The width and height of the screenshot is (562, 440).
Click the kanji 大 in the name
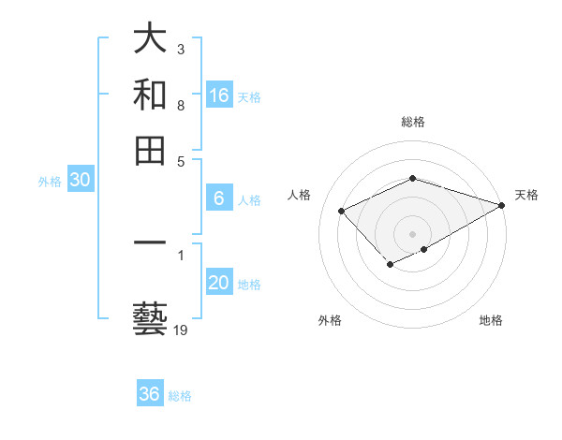tap(150, 38)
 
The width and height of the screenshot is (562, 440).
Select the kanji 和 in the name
tap(150, 95)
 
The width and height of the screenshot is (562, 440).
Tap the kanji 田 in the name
tap(150, 151)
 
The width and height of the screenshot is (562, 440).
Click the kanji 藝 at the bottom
tap(150, 317)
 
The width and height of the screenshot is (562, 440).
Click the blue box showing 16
tap(219, 95)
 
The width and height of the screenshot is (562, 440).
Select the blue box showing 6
tap(219, 198)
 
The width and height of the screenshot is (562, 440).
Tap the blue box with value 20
tap(219, 284)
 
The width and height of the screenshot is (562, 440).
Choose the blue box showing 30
tap(80, 181)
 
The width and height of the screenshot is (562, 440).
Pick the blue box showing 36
tap(150, 394)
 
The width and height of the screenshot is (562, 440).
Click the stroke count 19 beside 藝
tap(181, 330)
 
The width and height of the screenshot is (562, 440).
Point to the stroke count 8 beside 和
tap(180, 107)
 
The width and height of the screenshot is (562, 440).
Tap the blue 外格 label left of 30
tap(50, 183)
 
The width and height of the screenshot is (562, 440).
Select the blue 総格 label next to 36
tap(180, 396)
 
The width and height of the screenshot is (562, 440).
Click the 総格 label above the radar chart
tap(412, 122)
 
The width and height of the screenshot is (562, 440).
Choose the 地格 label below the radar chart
tap(491, 320)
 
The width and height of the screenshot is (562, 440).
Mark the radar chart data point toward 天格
tap(503, 205)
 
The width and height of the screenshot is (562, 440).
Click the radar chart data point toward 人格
tap(342, 212)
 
